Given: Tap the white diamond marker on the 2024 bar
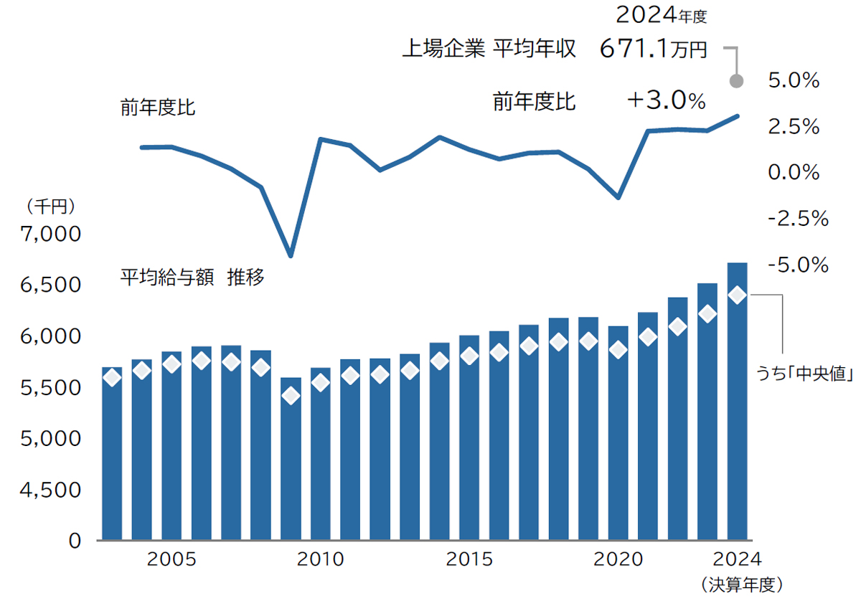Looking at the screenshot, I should (x=738, y=295).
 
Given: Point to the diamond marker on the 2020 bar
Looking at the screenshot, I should (x=618, y=350).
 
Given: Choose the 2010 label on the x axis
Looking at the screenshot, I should (x=320, y=559).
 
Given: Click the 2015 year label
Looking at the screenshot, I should (x=469, y=559).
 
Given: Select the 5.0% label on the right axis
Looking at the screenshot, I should (x=794, y=81).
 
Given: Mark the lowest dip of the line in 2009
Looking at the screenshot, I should (x=290, y=255).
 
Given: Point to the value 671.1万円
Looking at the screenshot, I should (x=653, y=49).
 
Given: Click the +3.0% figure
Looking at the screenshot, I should (x=666, y=101).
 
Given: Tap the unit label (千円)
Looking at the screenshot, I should (x=50, y=207).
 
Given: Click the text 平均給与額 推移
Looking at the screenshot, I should (x=192, y=278).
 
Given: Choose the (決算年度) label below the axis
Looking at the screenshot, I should (x=740, y=585).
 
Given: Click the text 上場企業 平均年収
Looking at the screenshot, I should (x=488, y=49).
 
